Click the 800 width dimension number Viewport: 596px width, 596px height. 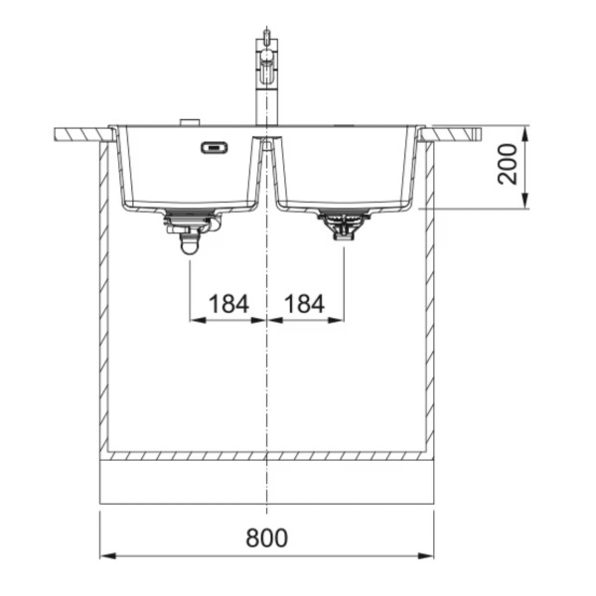[x=267, y=537]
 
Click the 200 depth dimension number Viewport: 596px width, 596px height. [x=508, y=164]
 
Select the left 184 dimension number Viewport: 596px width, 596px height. [x=228, y=304]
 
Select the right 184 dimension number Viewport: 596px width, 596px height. [x=305, y=304]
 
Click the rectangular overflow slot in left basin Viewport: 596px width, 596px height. [x=215, y=147]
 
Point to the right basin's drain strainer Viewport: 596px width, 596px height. [x=344, y=224]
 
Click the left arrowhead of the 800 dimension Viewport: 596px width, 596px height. [x=108, y=556]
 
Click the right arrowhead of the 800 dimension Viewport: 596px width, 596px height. [x=426, y=556]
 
